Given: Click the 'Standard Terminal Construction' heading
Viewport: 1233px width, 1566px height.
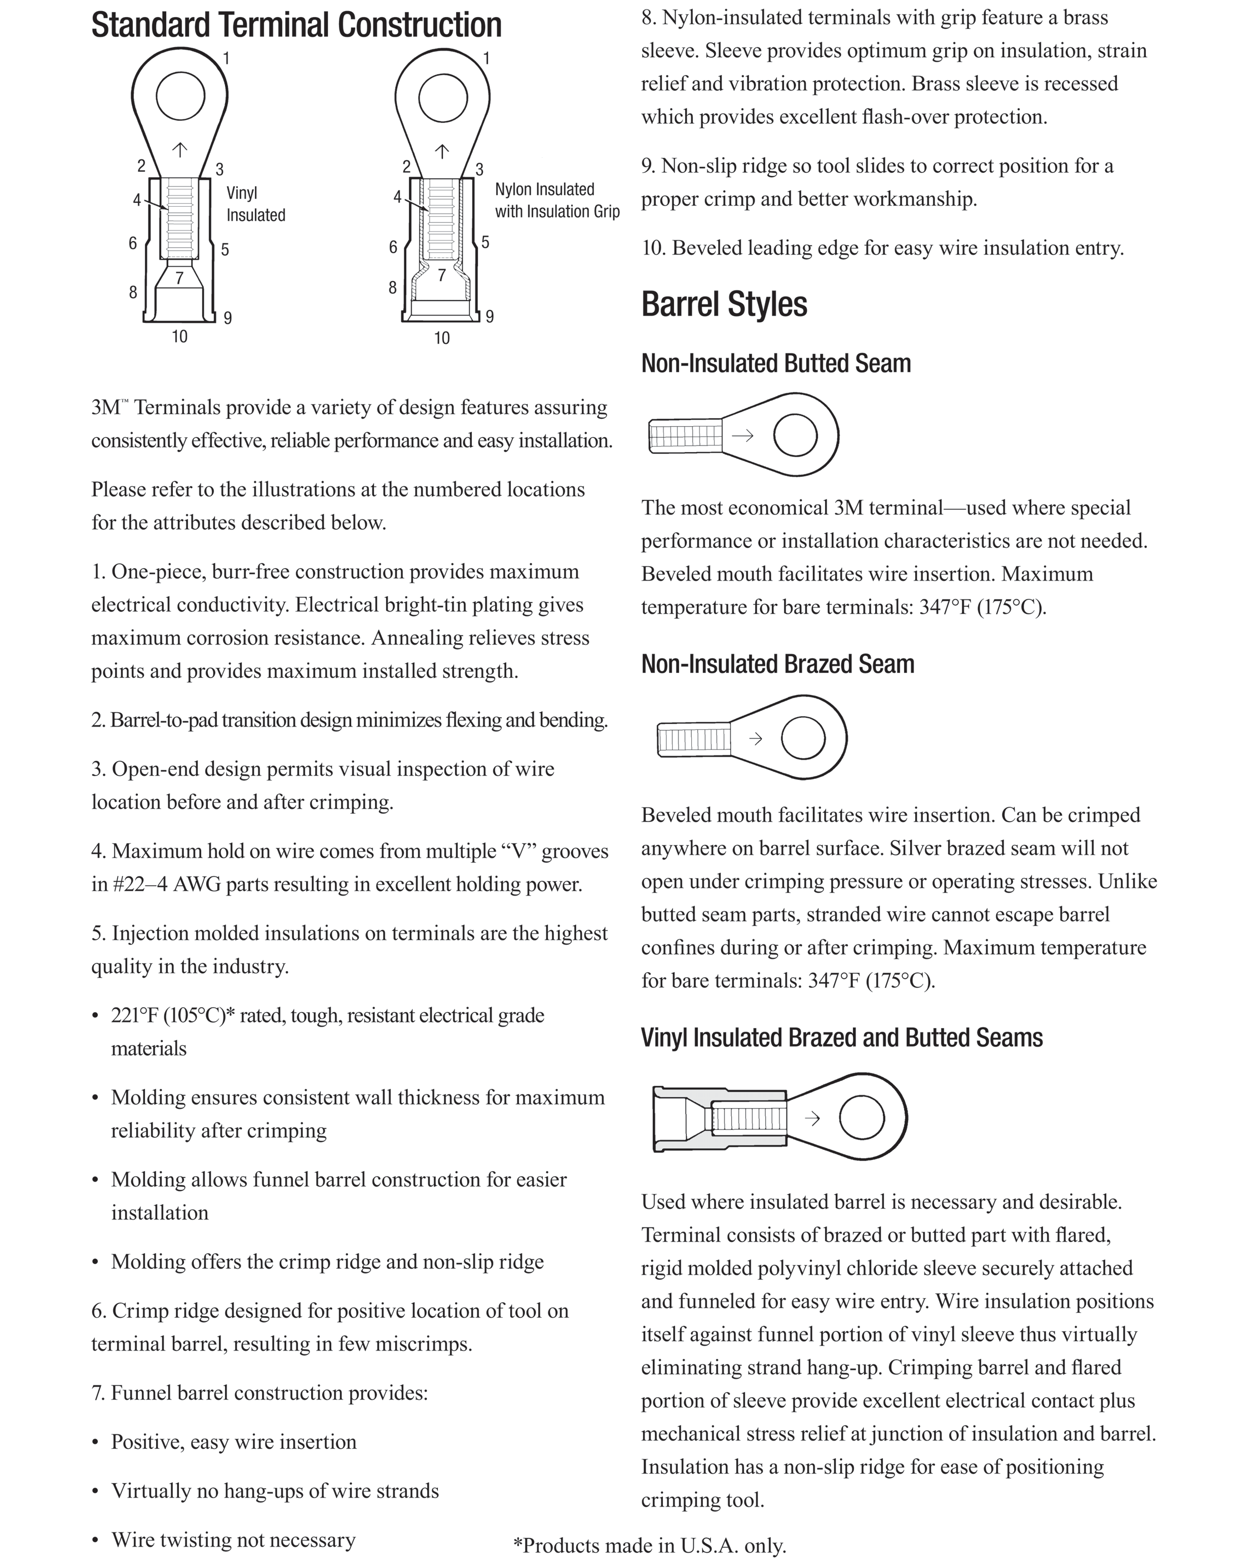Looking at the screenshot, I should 296,25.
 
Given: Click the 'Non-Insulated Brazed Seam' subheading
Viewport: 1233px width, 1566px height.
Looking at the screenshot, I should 777,664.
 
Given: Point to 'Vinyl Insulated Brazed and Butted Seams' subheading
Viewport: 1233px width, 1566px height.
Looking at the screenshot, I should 841,1038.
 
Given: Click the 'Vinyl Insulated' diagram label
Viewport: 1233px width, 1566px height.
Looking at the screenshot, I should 255,204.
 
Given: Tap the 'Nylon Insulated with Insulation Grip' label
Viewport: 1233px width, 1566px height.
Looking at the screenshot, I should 557,201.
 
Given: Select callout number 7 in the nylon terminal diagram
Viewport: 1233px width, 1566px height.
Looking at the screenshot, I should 442,275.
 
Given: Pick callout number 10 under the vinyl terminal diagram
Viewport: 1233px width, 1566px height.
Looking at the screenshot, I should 179,336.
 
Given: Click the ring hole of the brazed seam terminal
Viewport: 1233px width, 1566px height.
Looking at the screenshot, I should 803,738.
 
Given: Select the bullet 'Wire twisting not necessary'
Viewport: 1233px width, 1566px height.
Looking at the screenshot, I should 233,1539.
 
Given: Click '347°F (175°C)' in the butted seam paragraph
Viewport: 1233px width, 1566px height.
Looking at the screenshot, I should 982,608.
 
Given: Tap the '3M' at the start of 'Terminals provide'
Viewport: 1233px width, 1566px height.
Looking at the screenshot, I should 106,408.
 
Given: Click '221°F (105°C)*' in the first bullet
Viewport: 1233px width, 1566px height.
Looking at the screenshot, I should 173,1015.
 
